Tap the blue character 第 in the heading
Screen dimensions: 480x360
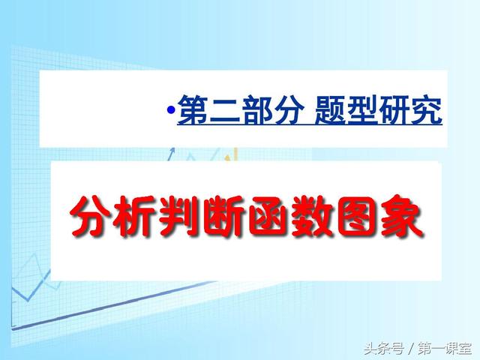tap(193, 109)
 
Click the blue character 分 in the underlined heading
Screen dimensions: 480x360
tap(289, 109)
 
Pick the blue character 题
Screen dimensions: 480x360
tap(330, 109)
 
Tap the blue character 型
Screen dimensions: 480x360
tap(362, 109)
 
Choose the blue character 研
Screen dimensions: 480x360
tap(394, 109)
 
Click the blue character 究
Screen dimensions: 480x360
tap(426, 109)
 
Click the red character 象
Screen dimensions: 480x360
tap(400, 216)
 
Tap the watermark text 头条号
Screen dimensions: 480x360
tap(384, 348)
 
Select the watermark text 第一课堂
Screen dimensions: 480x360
tap(445, 348)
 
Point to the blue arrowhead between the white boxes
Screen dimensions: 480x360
tap(172, 150)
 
